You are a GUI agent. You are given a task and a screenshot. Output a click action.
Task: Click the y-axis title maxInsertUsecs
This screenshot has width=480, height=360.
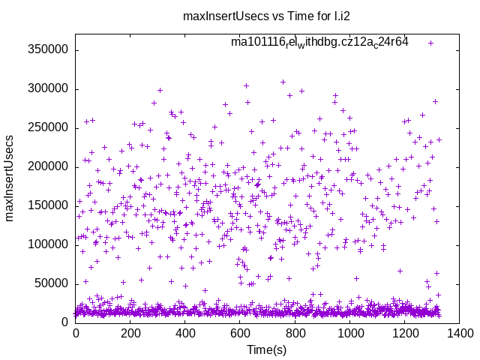coord(10,178)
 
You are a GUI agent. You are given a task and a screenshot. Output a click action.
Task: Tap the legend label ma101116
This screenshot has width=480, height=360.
coord(319,43)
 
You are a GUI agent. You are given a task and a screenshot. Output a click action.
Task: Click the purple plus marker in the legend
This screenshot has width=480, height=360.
coord(430,43)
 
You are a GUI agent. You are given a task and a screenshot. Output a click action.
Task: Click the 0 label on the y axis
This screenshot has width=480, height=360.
coord(66,322)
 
